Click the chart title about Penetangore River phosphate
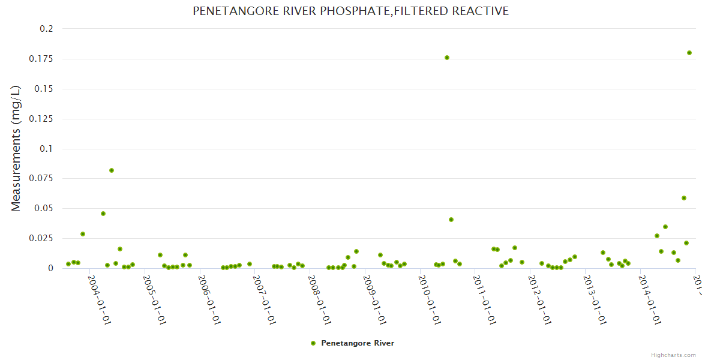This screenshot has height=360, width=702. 350,11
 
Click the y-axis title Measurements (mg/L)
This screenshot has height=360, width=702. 16,148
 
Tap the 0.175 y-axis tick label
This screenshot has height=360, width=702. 42,59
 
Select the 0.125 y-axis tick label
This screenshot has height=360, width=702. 42,119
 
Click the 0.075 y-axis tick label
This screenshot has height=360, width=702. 42,178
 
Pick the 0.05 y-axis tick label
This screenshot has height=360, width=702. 45,208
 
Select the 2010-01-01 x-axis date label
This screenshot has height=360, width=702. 430,297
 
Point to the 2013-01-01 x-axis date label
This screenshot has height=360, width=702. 594,297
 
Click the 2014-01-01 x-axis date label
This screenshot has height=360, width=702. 649,297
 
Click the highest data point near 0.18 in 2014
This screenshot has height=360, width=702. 689,53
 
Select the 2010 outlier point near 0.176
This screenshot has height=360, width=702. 447,58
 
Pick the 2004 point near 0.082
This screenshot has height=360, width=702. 112,170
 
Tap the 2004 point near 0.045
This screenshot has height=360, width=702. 103,214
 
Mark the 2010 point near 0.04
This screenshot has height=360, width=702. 451,220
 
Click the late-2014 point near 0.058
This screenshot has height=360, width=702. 684,198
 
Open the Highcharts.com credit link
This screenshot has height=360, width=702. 673,355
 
